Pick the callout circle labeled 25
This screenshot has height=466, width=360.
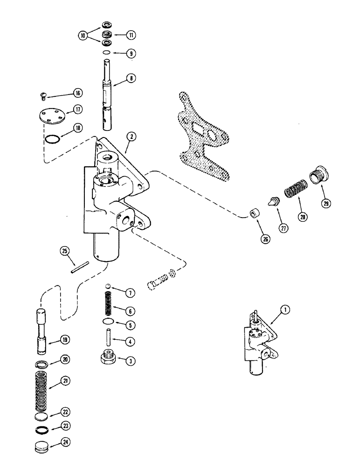(65, 252)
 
